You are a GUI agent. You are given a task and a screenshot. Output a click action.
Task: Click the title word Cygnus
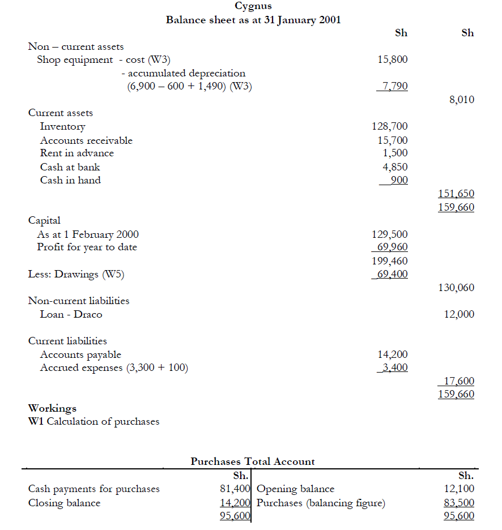point(253,6)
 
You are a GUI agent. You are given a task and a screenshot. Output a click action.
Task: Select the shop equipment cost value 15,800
point(392,59)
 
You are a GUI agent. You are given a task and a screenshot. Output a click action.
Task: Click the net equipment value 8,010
point(461,100)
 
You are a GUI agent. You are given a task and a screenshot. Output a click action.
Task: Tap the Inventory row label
point(62,127)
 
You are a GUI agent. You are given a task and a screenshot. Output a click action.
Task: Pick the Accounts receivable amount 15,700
point(392,140)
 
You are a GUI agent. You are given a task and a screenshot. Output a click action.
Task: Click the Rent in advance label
point(76,153)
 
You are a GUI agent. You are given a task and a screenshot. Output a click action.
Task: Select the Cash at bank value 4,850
point(395,167)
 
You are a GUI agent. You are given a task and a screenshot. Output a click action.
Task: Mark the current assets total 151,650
point(456,194)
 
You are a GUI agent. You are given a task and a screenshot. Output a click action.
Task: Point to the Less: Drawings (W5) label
point(76,275)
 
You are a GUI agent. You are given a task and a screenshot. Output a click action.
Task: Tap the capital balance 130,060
point(456,288)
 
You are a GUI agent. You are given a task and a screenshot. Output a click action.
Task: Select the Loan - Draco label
point(71,314)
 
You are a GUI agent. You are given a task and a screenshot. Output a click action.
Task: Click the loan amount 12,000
point(459,314)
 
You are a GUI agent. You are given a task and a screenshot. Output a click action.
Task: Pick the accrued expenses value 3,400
point(395,367)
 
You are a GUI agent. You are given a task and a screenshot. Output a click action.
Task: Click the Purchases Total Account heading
point(253,461)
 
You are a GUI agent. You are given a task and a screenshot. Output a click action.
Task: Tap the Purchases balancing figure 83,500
point(461,503)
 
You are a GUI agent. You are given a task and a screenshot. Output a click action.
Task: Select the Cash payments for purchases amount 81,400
point(235,489)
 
